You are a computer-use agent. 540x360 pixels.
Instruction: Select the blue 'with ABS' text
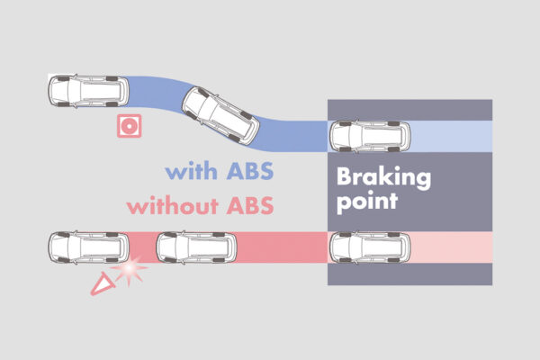click(x=220, y=170)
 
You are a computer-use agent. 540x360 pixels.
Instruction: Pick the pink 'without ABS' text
click(x=200, y=204)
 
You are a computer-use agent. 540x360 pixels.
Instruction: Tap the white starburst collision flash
click(x=133, y=268)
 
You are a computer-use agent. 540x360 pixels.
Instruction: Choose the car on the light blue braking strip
click(x=369, y=137)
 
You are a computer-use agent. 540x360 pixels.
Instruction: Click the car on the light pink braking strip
click(x=369, y=246)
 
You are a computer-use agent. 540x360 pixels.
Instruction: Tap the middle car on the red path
click(x=197, y=246)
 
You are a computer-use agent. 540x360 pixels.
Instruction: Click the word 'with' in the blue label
click(x=190, y=170)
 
